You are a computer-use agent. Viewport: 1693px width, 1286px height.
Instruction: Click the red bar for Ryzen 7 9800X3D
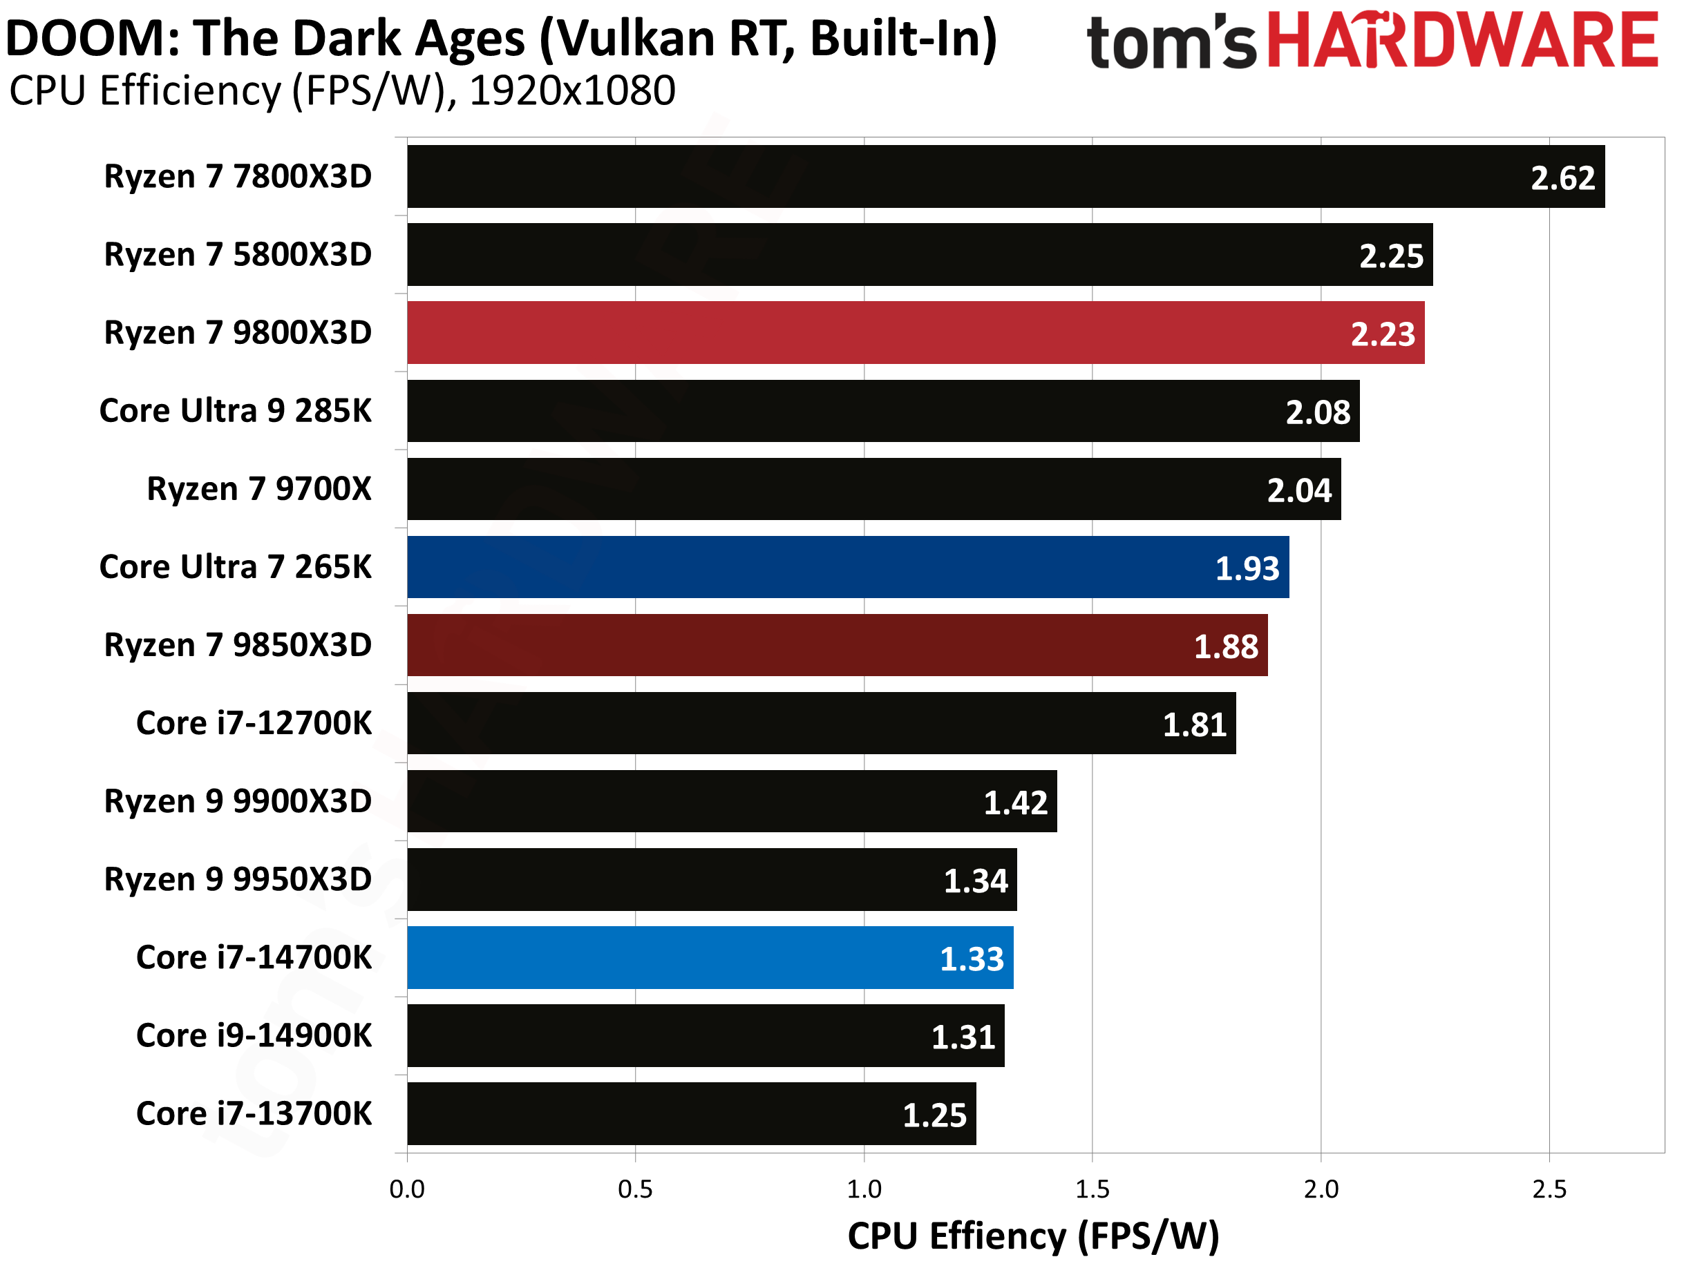(x=915, y=332)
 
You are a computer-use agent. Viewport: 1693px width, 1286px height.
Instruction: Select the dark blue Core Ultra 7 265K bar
(x=848, y=567)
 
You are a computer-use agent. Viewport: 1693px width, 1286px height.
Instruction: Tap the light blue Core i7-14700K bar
(x=710, y=958)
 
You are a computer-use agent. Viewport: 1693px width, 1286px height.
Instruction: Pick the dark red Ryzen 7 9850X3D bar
(x=837, y=645)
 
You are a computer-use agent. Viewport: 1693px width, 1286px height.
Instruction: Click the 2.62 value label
(x=1562, y=178)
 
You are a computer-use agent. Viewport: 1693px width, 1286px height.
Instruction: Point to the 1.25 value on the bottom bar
(x=934, y=1115)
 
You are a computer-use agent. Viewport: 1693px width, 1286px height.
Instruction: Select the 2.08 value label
(x=1317, y=412)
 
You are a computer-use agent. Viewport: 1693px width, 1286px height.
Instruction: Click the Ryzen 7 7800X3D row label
(x=238, y=177)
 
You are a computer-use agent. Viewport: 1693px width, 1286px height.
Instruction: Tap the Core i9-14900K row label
(x=254, y=1036)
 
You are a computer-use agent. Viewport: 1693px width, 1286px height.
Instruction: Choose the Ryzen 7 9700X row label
(x=259, y=489)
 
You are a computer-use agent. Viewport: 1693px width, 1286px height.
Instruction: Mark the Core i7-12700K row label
(x=254, y=723)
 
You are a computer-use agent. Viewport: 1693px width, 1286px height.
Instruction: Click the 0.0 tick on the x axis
(x=406, y=1189)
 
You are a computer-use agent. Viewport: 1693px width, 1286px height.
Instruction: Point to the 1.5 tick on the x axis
(x=1092, y=1189)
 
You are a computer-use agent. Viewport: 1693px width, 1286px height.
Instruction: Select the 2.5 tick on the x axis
(x=1549, y=1189)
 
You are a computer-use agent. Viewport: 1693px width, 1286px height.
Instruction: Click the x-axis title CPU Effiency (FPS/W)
(x=1033, y=1236)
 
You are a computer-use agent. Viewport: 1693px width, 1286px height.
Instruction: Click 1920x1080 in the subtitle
(x=572, y=91)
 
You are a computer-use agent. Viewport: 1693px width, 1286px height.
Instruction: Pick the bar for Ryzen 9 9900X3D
(x=731, y=801)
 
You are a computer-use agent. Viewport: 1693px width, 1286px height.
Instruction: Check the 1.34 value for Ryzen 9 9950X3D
(x=975, y=881)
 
